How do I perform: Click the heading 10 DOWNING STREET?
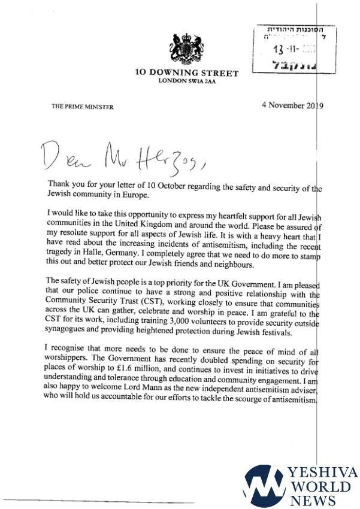[186, 74]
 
